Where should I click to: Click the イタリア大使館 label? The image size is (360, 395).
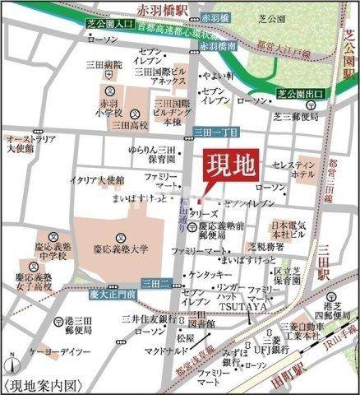(x=96, y=179)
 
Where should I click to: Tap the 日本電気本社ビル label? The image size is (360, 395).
(x=289, y=229)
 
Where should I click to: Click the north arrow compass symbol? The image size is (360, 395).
(x=12, y=364)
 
